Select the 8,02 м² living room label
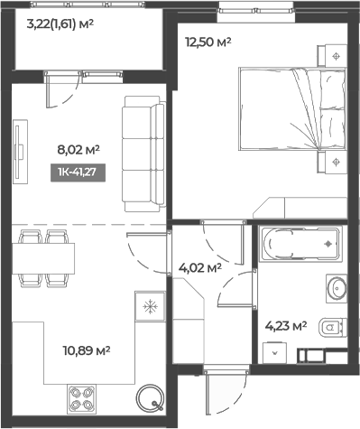pos(78,153)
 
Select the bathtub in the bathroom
pos(298,244)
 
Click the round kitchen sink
pos(148,398)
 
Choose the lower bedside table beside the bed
pos(336,163)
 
